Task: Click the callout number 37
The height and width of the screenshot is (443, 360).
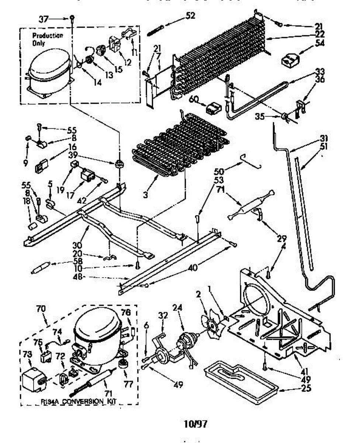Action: [44, 18]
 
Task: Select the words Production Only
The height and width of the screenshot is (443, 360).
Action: [47, 39]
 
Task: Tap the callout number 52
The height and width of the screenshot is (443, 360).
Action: [190, 16]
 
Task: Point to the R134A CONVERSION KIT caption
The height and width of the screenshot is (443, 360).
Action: [80, 402]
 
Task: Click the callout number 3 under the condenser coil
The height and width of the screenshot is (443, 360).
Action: [146, 195]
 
